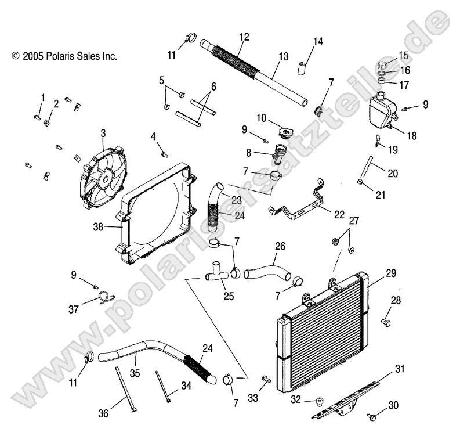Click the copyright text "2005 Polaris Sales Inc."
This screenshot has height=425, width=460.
[x=64, y=56]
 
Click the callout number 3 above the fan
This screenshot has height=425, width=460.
[x=103, y=133]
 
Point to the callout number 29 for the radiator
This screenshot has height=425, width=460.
[x=390, y=256]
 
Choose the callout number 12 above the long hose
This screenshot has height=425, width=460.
[x=244, y=37]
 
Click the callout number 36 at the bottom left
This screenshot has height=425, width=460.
[x=103, y=413]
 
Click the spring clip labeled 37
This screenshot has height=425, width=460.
[x=105, y=298]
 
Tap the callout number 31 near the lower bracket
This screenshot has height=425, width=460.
[x=400, y=368]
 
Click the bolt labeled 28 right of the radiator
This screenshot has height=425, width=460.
[x=385, y=320]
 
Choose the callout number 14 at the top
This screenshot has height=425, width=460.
[x=318, y=41]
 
